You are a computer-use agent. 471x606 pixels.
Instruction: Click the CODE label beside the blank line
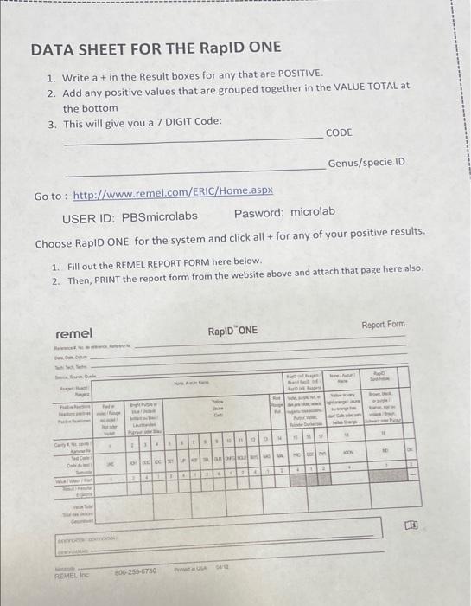point(339,132)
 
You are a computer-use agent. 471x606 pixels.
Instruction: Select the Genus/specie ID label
point(366,164)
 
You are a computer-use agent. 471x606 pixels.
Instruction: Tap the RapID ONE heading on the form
point(232,331)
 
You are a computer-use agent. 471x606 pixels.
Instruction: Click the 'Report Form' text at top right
point(383,324)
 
